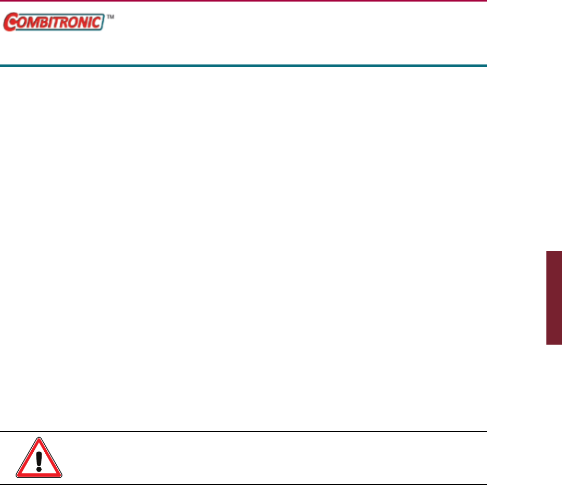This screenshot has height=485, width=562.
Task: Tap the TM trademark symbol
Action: (110, 17)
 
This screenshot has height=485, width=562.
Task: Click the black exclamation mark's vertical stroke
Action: (39, 458)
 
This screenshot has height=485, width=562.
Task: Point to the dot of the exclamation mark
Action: (39, 469)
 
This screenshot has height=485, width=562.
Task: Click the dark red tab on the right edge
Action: (554, 297)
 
